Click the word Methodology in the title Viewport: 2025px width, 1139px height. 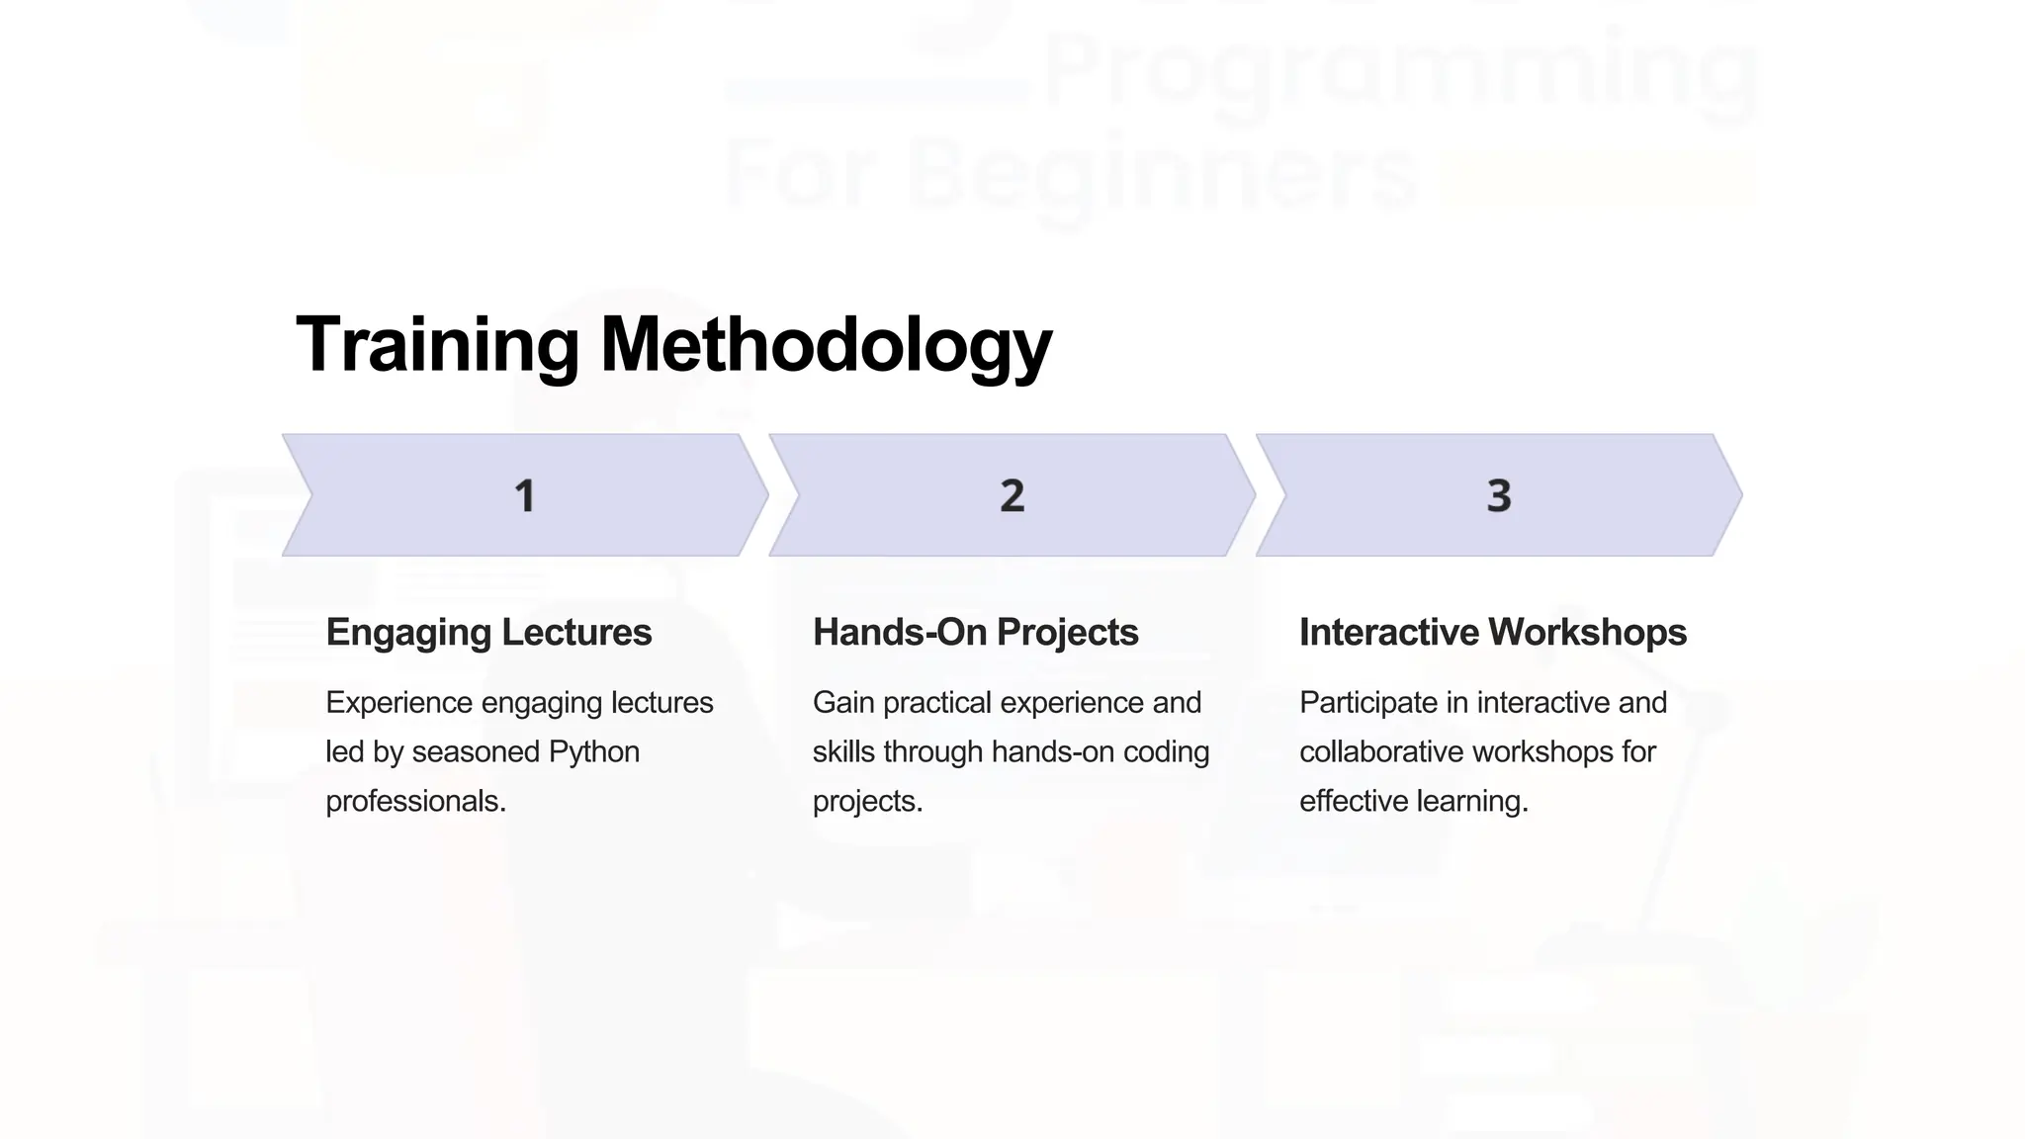[826, 345]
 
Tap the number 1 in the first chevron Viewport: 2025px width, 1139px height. [525, 495]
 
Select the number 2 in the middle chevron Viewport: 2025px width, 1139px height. [1012, 495]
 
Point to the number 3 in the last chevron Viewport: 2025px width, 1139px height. [1499, 495]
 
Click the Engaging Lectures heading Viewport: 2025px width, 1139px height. [488, 633]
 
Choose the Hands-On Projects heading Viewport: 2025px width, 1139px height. [975, 633]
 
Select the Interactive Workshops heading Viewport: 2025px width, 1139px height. [1492, 633]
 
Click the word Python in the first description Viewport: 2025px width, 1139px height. [593, 752]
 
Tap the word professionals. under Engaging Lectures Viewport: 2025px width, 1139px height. [415, 801]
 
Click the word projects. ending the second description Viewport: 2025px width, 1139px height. [867, 802]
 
